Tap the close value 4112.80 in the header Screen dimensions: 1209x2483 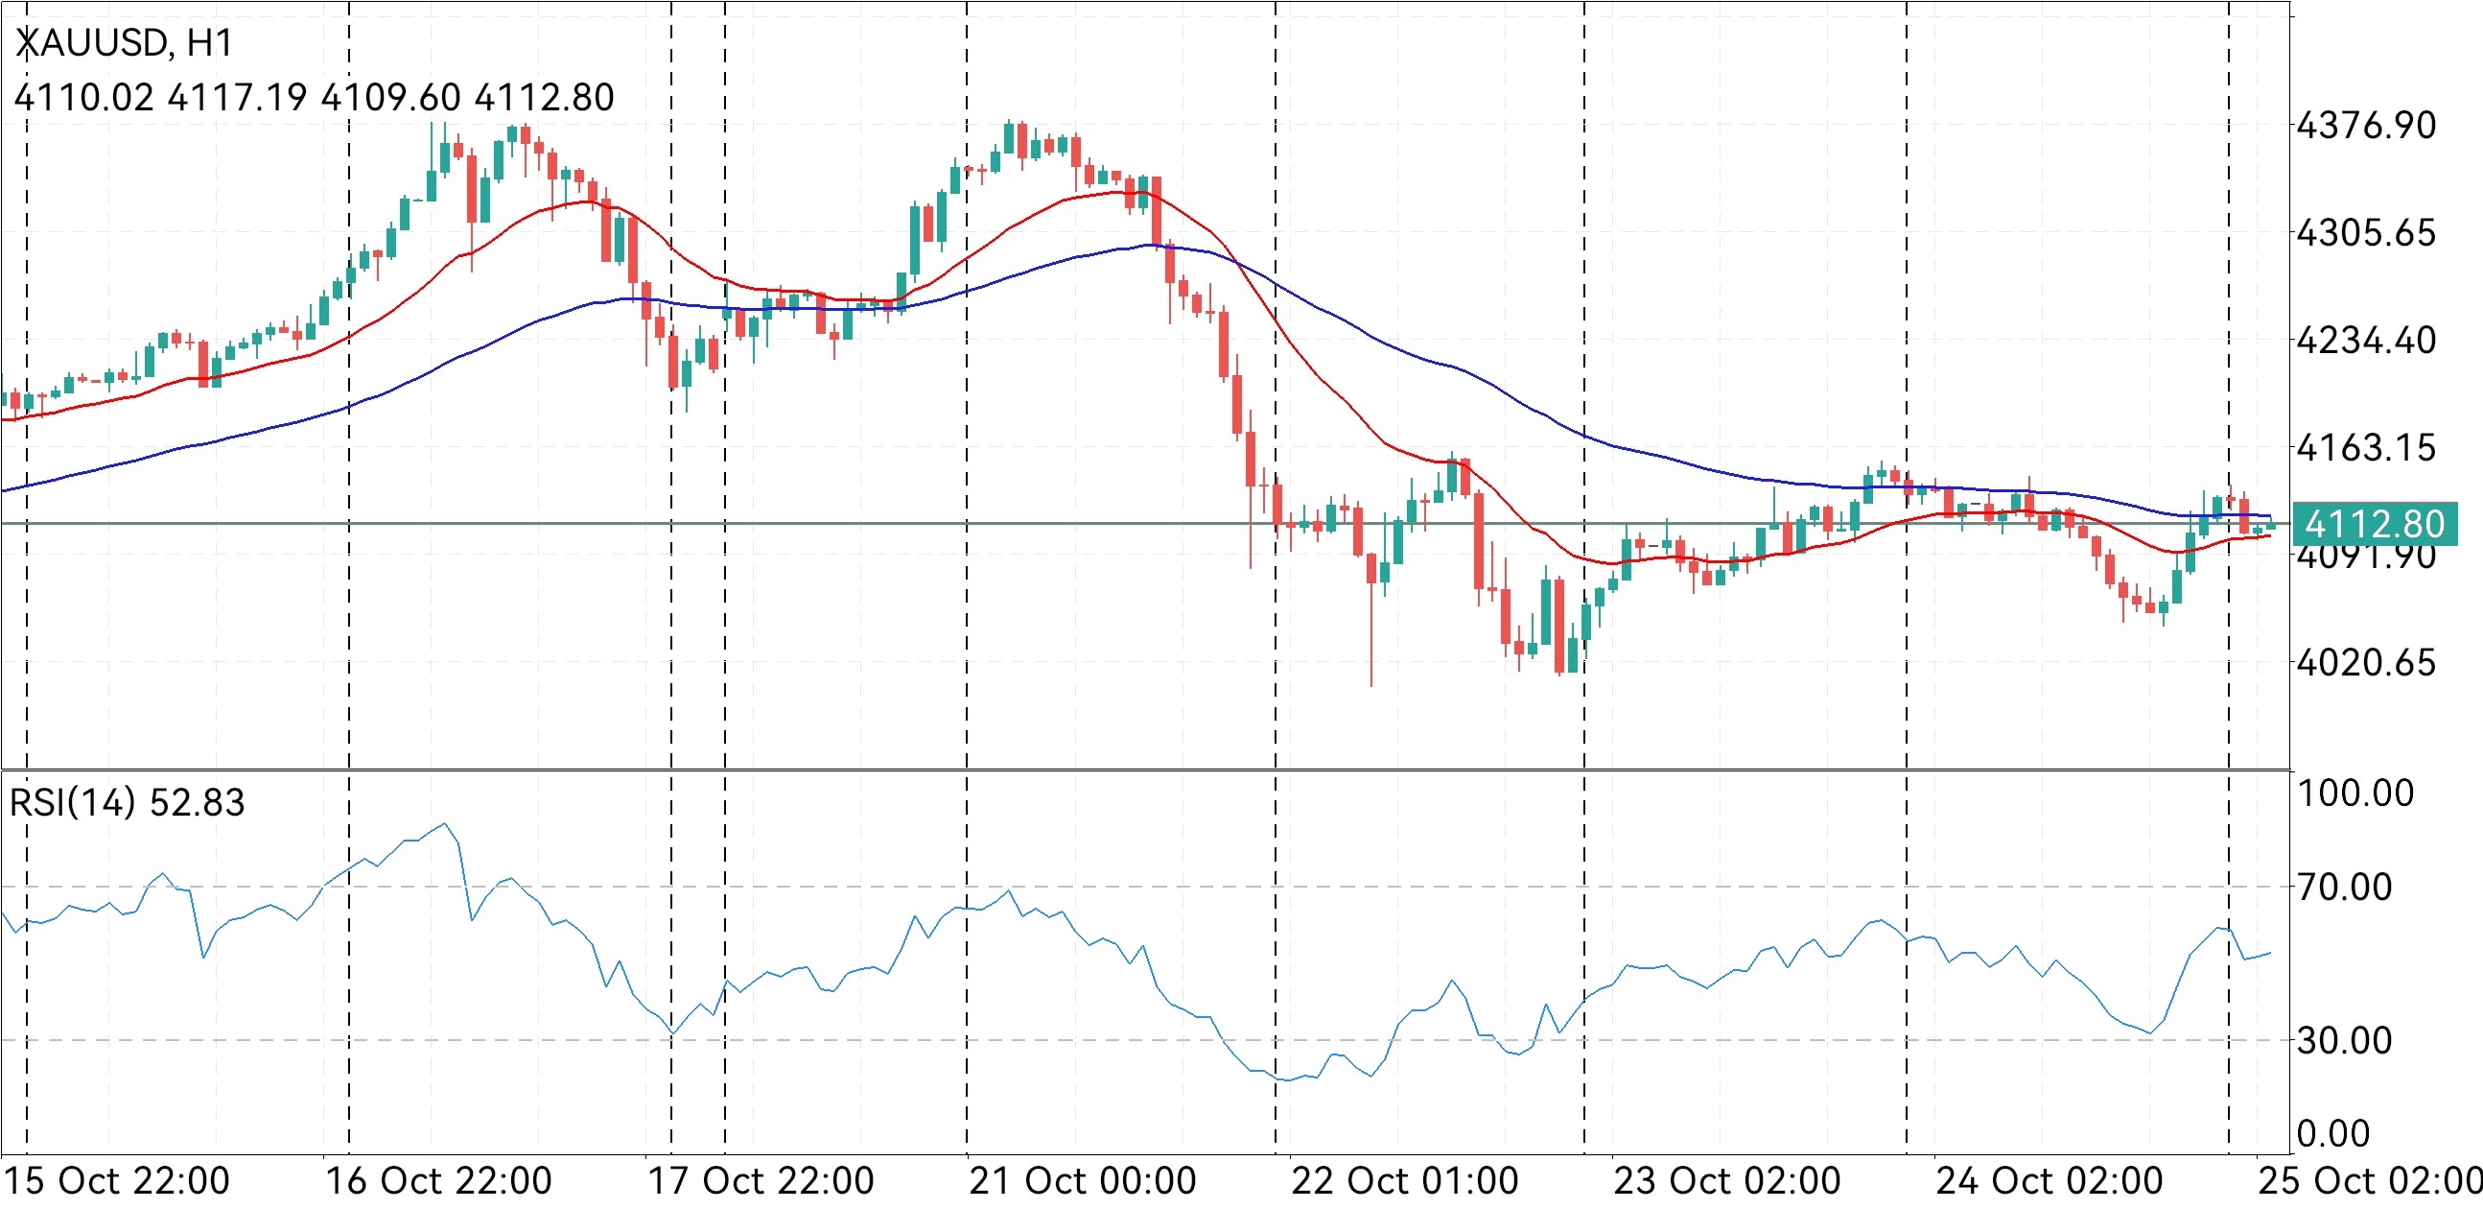[545, 97]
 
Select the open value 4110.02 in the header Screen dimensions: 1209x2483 [83, 97]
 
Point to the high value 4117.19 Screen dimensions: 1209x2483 [237, 97]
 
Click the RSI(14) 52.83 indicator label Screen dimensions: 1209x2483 [127, 802]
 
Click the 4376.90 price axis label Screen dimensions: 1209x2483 [2366, 126]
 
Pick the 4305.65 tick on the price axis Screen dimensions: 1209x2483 [2366, 232]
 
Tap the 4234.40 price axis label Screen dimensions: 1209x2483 [2366, 341]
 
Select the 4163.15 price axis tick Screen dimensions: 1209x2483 [2366, 447]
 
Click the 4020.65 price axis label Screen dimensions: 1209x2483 [2366, 662]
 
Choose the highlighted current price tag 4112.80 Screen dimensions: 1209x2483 [2374, 524]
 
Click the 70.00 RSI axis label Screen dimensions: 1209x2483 [2344, 887]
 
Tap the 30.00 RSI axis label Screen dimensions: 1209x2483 [2344, 1040]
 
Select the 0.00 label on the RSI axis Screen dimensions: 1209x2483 [2332, 1134]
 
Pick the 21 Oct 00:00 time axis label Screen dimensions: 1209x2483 [1082, 1181]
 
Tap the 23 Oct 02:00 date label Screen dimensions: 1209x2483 [1726, 1181]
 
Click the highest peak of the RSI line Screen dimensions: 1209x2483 [443, 823]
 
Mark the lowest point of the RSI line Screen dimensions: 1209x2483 [1289, 1080]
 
